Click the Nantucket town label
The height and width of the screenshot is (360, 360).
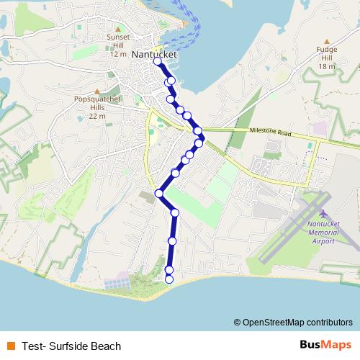(x=155, y=53)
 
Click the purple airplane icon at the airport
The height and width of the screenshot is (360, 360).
(x=323, y=215)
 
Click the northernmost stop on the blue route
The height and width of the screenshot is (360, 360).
(x=158, y=63)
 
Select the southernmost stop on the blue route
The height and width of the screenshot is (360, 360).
(x=169, y=279)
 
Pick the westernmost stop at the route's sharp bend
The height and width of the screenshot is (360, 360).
(x=159, y=193)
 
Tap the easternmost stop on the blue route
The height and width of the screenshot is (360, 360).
(x=202, y=138)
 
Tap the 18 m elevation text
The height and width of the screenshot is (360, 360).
(x=327, y=66)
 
